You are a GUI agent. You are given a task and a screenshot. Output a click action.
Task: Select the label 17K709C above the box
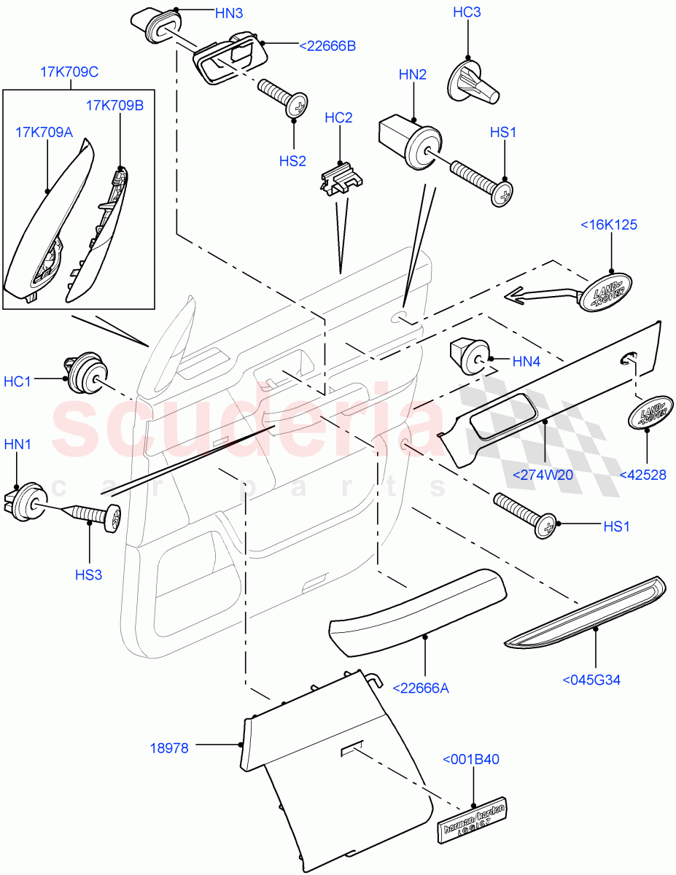pos(69,72)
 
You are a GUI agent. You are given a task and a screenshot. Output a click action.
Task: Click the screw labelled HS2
pos(285,96)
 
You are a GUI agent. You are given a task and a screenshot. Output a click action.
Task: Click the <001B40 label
pos(470,759)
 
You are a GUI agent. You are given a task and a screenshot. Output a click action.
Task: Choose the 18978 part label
pos(169,747)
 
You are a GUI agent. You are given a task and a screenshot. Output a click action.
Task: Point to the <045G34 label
pos(591,680)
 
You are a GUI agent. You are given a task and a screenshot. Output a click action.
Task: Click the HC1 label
pos(18,381)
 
